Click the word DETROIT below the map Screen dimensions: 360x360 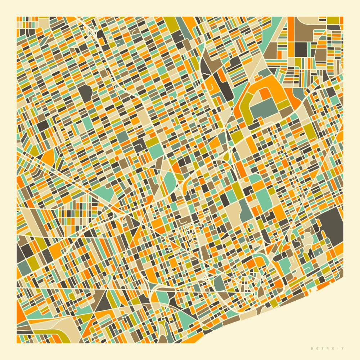click(327, 348)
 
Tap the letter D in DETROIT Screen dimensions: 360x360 click(312, 348)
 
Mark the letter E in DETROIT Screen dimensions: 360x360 click(318, 348)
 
